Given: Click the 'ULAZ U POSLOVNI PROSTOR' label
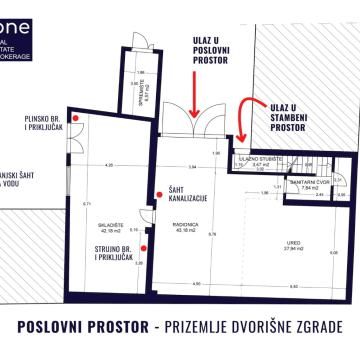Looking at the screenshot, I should (198, 56).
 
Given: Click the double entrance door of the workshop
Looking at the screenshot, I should (186, 121).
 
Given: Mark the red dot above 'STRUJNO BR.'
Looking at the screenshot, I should (145, 245).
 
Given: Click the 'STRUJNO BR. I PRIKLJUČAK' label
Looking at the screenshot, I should (120, 255).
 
